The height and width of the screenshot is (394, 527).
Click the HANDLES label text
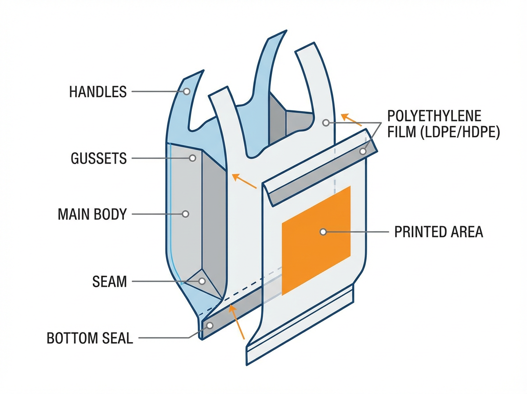click(x=98, y=92)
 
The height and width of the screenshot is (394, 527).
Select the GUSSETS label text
click(x=99, y=158)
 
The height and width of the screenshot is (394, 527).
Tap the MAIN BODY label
click(x=92, y=215)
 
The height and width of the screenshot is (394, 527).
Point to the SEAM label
click(x=109, y=281)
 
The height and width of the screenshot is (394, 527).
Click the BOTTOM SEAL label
click(x=90, y=338)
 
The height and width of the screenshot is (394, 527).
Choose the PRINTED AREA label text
click(x=438, y=232)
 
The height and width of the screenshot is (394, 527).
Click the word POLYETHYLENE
click(x=434, y=117)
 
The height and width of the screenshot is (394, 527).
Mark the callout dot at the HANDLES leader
click(x=187, y=91)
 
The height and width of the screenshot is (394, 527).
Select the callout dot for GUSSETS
click(x=192, y=158)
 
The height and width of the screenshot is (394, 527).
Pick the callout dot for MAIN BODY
click(x=185, y=214)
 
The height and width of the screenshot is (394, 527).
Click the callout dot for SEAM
click(x=202, y=281)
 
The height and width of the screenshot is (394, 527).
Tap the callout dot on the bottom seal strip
click(x=210, y=325)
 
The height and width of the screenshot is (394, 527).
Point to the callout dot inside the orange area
click(x=323, y=232)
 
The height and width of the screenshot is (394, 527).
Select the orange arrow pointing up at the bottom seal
click(x=238, y=324)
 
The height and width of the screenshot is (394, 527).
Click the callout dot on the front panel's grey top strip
click(x=363, y=152)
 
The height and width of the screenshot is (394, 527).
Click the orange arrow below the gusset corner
click(x=244, y=182)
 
